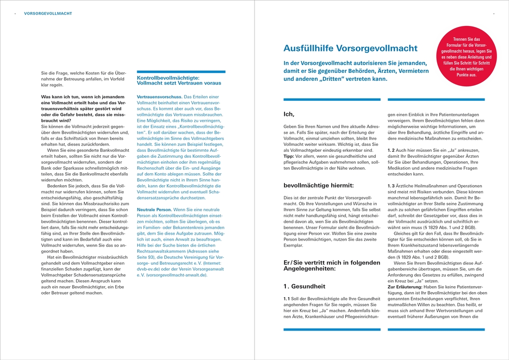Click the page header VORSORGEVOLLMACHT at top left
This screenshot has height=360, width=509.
pos(47,13)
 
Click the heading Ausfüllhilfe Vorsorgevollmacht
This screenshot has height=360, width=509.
pos(350,48)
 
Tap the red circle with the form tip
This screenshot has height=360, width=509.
pos(466,57)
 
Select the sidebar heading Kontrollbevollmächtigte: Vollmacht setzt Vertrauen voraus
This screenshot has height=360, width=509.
pos(179,80)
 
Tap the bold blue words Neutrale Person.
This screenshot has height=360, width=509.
pos(154,210)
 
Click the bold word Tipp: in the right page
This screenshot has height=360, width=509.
pos(289,156)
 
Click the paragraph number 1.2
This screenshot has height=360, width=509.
pos(391,150)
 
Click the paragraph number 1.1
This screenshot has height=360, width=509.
pos(287,298)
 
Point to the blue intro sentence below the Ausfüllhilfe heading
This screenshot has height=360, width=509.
pos(356,71)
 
